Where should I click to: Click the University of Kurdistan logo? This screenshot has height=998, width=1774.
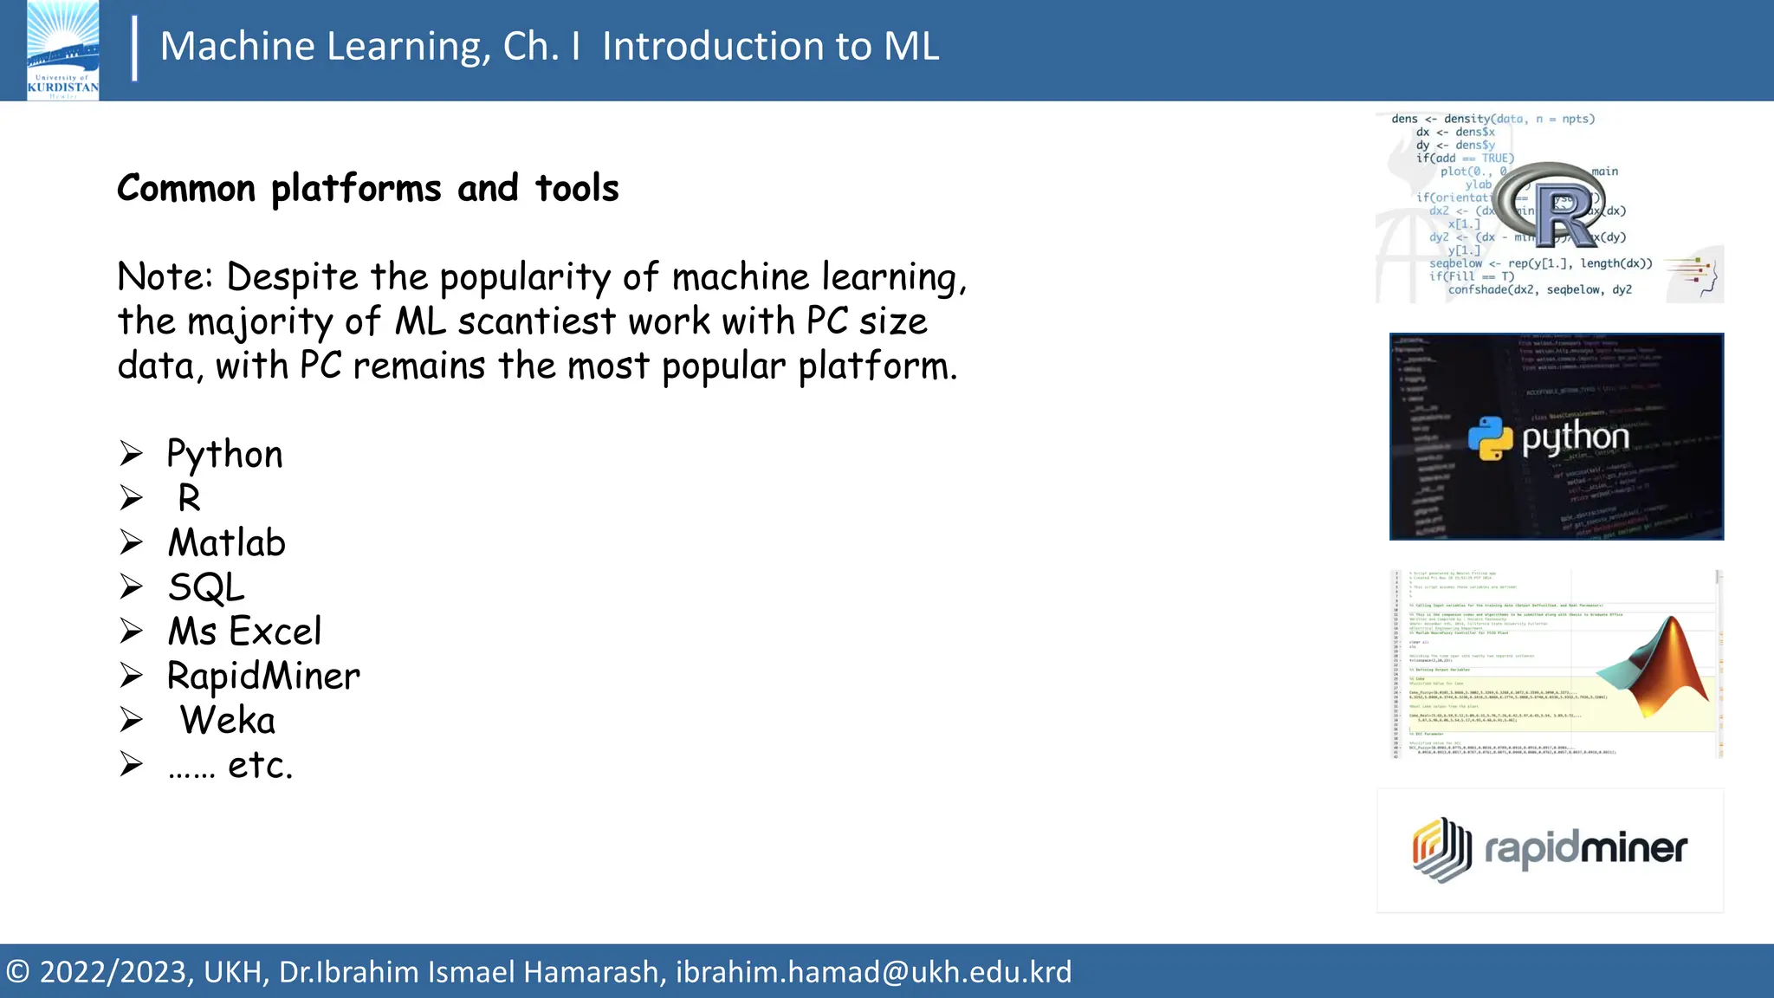(62, 50)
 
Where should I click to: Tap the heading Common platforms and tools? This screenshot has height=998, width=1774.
(367, 188)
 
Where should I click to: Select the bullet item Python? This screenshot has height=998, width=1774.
(224, 454)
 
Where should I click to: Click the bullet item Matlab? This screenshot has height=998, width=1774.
(226, 543)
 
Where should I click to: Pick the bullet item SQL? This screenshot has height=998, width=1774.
(206, 587)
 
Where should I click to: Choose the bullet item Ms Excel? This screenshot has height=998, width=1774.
(244, 632)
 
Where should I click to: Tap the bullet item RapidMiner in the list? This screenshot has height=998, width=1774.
(263, 676)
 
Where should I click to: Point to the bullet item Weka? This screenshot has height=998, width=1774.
(228, 721)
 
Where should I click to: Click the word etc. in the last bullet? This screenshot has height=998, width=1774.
(260, 765)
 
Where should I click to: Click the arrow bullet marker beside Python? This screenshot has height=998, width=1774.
(132, 453)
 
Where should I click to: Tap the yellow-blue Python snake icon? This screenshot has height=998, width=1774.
(1490, 437)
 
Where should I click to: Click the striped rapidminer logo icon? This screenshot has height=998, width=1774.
(1442, 849)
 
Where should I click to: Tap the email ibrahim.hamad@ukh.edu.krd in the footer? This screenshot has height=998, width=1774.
(873, 972)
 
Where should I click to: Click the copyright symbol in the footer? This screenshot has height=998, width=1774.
(17, 972)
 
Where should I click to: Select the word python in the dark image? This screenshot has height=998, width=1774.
(1576, 438)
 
